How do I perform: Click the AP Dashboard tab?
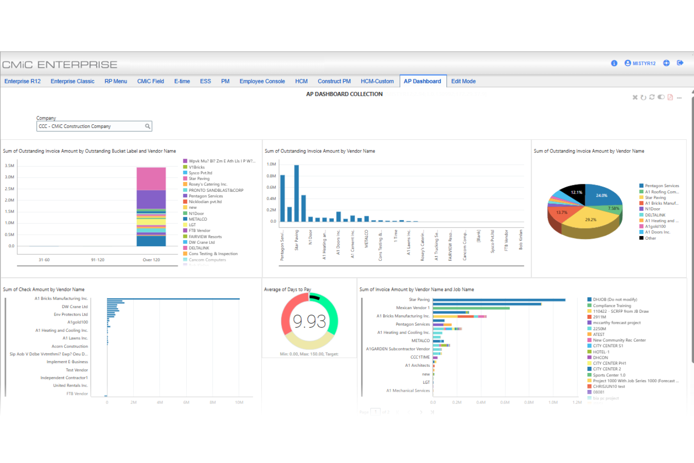coord(422,81)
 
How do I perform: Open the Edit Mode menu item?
coord(463,81)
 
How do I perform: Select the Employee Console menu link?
coord(262,81)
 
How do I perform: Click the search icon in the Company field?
coord(147,126)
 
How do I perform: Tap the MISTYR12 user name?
coord(644,63)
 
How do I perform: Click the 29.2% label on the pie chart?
coord(590,220)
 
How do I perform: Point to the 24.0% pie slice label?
coord(602,196)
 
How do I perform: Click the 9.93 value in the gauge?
coord(309,321)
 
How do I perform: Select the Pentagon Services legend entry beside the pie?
coord(661,186)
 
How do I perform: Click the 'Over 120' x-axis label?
coord(151,260)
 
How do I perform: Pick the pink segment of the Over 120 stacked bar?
coord(151,179)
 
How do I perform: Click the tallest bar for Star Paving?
coord(296,193)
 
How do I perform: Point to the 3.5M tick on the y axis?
coord(9,166)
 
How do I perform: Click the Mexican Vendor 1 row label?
coord(413,308)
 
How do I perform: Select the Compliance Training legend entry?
coord(611,305)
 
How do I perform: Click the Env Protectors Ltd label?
coord(70,314)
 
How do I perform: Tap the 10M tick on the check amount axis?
coord(239,402)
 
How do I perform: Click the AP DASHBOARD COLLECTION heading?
coord(344,94)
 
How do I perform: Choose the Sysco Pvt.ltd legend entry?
coord(200,173)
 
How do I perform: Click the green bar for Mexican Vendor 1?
coord(471,308)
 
